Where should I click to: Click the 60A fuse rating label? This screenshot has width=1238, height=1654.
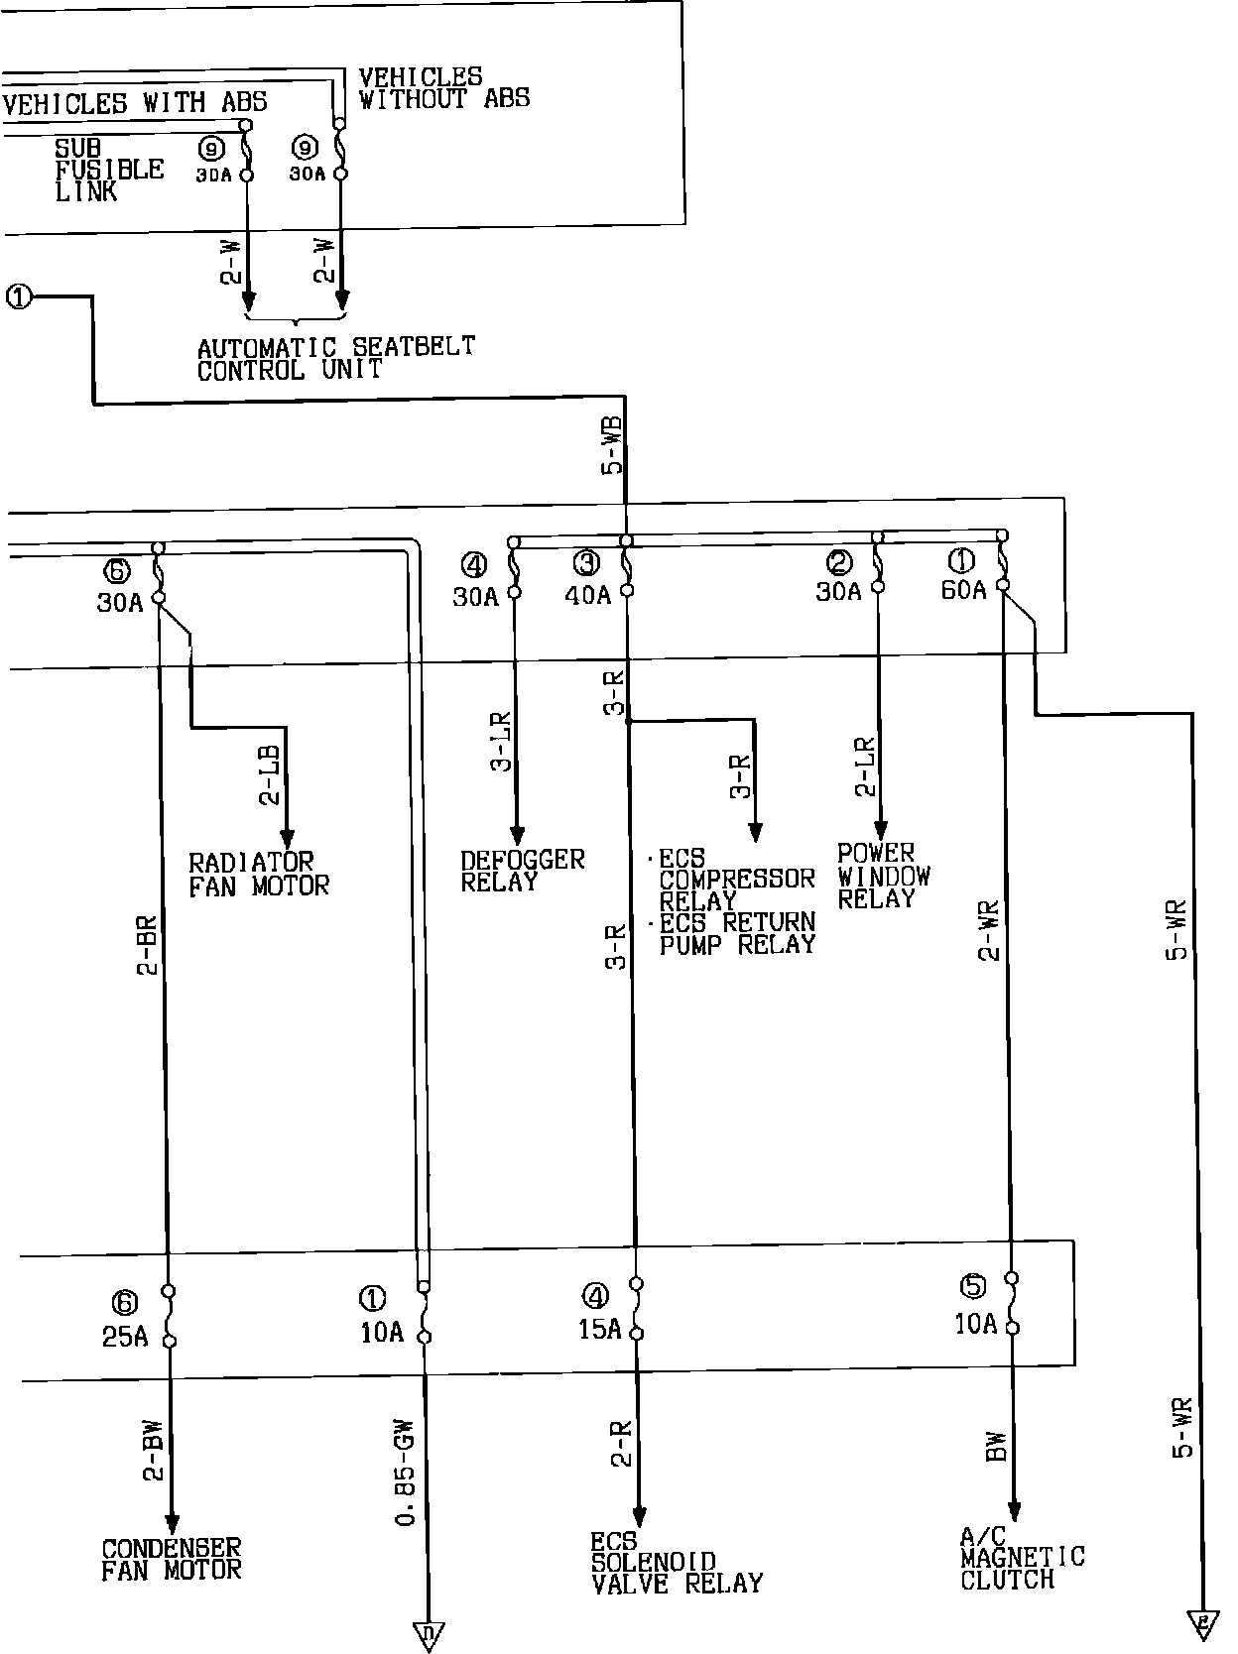point(963,590)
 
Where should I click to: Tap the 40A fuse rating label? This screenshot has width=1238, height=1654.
point(588,595)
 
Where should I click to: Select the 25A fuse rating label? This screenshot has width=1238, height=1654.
point(125,1337)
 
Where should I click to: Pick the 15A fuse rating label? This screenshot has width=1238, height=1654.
point(599,1329)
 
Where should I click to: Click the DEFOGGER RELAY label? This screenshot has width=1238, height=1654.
point(522,871)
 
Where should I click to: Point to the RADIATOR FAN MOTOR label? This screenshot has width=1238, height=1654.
point(258,874)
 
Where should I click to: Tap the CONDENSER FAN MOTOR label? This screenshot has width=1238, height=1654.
point(172,1559)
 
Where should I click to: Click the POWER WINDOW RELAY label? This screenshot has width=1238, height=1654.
point(883,877)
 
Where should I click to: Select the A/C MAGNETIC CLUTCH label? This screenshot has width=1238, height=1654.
point(1022,1559)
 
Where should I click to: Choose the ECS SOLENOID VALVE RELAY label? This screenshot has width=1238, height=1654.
point(677,1564)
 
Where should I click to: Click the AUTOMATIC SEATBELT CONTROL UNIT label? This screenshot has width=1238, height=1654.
point(335,359)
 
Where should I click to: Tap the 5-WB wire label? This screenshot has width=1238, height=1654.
point(613,445)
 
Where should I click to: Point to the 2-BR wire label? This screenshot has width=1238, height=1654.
point(147,945)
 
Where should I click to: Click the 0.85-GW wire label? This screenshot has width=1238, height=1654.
point(405,1477)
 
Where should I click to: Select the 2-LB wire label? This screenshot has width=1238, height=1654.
point(270,773)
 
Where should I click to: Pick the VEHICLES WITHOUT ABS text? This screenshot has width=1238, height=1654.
point(443,87)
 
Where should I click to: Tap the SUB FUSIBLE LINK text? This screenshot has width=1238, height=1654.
point(108,170)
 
